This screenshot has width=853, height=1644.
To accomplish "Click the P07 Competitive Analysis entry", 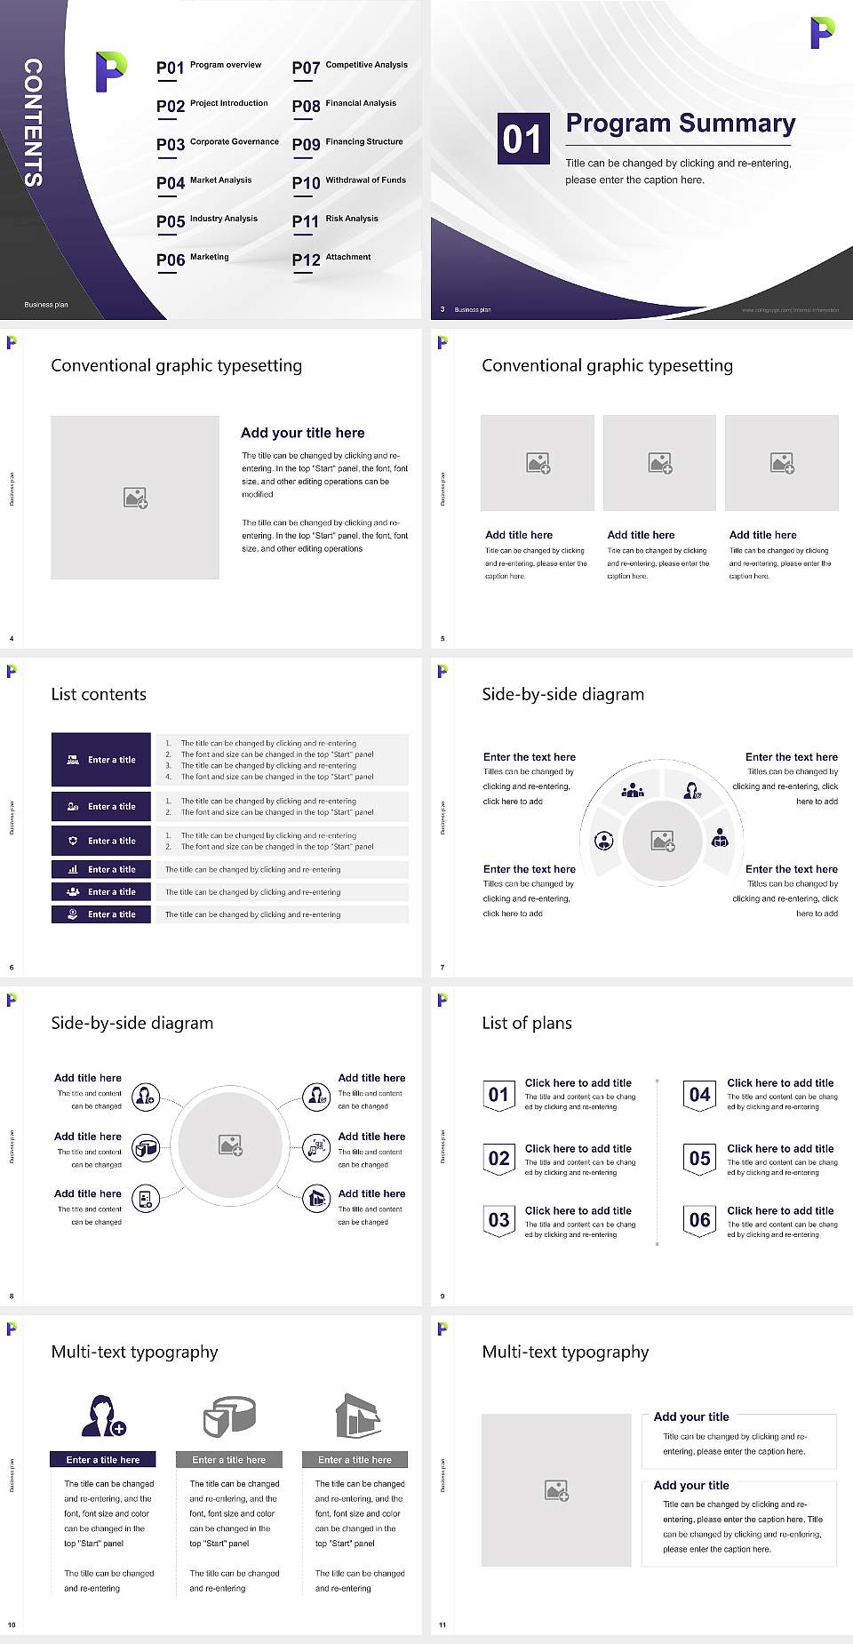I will pyautogui.click(x=349, y=67).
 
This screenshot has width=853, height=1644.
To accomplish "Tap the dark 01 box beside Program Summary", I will pyautogui.click(x=522, y=139).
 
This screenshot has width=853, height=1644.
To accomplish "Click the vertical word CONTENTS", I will pyautogui.click(x=33, y=122).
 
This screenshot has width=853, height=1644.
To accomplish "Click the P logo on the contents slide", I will pyautogui.click(x=110, y=72).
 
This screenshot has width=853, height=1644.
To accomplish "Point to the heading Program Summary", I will pyautogui.click(x=680, y=124).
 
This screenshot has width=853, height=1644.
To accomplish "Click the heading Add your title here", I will pyautogui.click(x=302, y=433).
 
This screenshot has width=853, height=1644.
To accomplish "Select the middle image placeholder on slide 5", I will pyautogui.click(x=659, y=463).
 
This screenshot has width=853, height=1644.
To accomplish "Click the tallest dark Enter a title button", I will pyautogui.click(x=101, y=759).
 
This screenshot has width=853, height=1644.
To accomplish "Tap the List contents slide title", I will pyautogui.click(x=99, y=694).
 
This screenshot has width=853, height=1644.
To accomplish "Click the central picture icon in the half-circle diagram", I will pyautogui.click(x=663, y=840).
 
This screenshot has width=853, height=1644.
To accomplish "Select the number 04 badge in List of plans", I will pyautogui.click(x=700, y=1095).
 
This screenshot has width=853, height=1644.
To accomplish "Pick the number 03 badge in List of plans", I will pyautogui.click(x=499, y=1220).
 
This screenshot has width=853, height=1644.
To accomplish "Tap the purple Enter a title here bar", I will pyautogui.click(x=103, y=1459).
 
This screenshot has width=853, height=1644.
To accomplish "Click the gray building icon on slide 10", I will pyautogui.click(x=358, y=1416).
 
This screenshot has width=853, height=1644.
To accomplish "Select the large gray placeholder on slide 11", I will pyautogui.click(x=556, y=1489).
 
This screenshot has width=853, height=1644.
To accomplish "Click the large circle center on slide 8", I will pyautogui.click(x=230, y=1145).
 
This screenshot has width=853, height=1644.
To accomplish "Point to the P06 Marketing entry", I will pyautogui.click(x=193, y=259).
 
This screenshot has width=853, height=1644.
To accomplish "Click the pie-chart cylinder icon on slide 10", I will pyautogui.click(x=230, y=1416).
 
